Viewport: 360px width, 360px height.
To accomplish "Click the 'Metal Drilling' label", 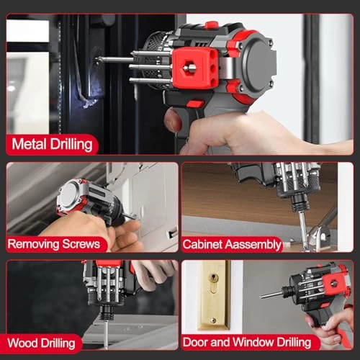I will coord(52,144).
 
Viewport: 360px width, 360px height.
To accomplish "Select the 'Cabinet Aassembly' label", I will coord(231,244).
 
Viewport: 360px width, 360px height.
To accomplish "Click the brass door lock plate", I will coord(213,293).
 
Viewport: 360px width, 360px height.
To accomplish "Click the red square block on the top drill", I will coord(195,68).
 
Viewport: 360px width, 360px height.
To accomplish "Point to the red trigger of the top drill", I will coord(195,104).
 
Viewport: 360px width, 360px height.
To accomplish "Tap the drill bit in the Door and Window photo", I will coord(271,294).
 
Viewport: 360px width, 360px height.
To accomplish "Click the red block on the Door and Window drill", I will coord(333,284).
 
